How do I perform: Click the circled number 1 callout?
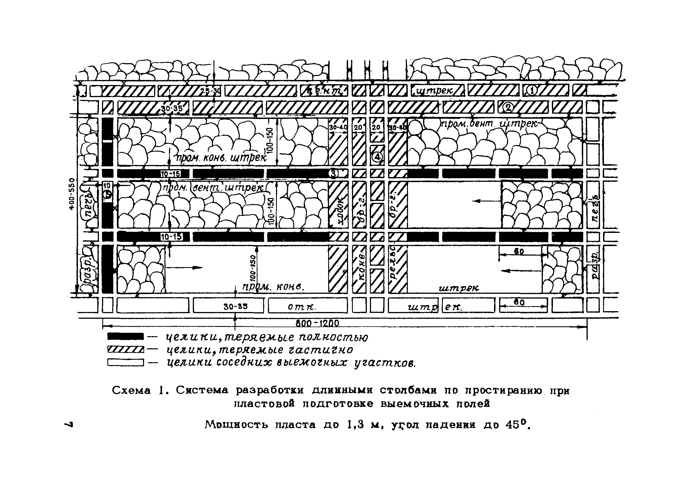[x=532, y=90]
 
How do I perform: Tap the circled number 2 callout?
[x=507, y=107]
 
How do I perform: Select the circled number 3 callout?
[x=333, y=173]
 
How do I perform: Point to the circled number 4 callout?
[x=377, y=157]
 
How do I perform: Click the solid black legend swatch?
[x=125, y=336]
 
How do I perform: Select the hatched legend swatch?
[x=125, y=349]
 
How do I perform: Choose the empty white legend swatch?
[x=125, y=363]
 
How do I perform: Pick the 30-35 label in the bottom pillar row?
[x=236, y=307]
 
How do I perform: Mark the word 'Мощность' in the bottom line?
[x=236, y=425]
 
